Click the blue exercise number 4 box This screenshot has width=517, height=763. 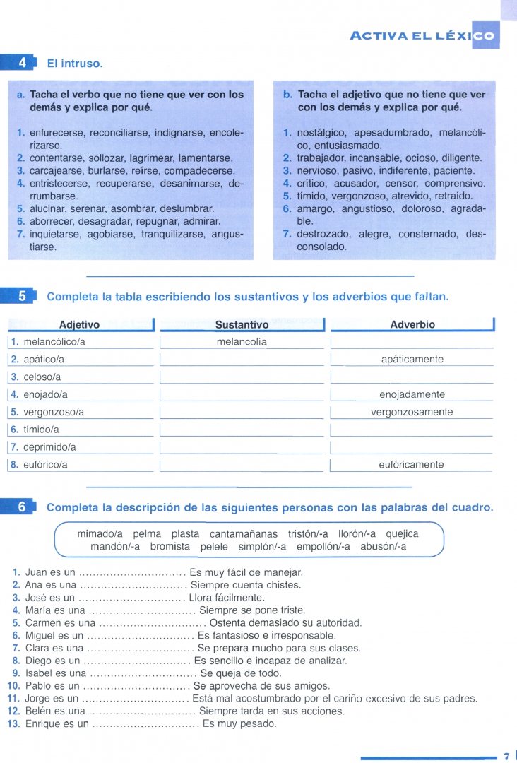coord(22,63)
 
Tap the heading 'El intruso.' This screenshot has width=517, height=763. coord(75,64)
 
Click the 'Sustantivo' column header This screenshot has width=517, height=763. coord(242,325)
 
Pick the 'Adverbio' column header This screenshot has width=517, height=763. coord(412,324)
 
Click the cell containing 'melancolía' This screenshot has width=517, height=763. coord(242,342)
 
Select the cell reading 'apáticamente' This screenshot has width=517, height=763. coord(412,360)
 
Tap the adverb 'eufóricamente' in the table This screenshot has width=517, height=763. coord(412,465)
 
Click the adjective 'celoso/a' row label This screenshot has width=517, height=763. coord(42,377)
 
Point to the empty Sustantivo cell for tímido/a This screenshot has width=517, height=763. coord(242,430)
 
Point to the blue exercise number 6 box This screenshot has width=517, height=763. coord(22,507)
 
